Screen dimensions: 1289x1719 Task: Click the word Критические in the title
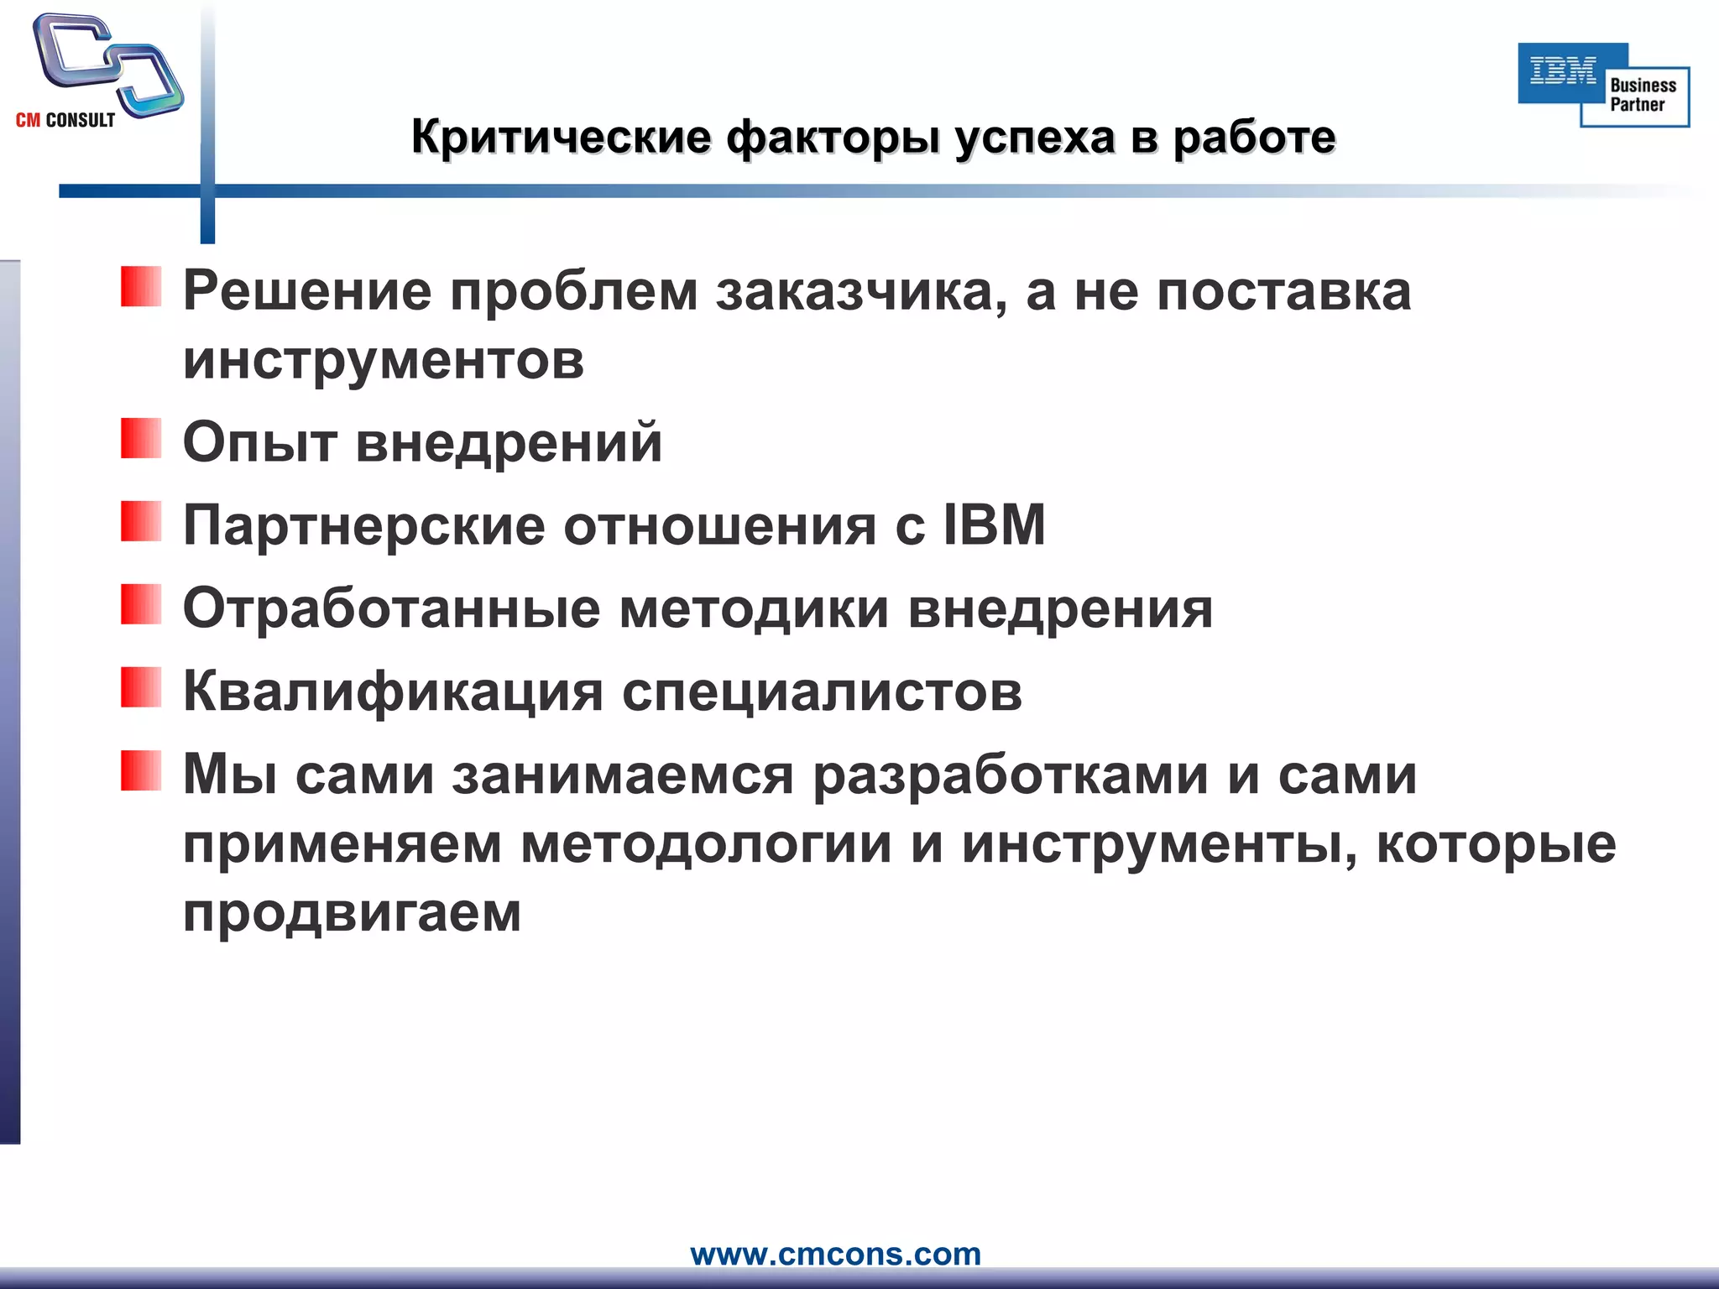[x=561, y=137]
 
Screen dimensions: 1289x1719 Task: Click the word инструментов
[x=384, y=360]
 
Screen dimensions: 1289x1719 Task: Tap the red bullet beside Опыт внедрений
[x=140, y=438]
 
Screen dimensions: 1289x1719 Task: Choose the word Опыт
[x=259, y=443]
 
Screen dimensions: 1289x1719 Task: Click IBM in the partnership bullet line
[x=995, y=525]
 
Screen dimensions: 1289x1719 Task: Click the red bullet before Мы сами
[x=140, y=770]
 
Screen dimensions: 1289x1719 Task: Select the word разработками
[x=1011, y=775]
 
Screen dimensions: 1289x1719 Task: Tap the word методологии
[x=706, y=844]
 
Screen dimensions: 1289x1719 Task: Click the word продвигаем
[x=353, y=913]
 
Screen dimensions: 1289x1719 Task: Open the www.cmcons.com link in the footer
[x=835, y=1254]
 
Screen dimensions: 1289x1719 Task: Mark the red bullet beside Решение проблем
[x=140, y=286]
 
